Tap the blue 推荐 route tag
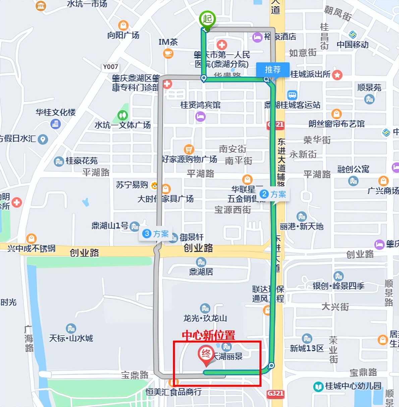[x=273, y=70]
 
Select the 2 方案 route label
[x=274, y=194]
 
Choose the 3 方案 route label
[x=156, y=234]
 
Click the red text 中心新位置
[x=208, y=335]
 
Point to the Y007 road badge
[x=110, y=67]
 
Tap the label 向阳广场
[x=123, y=35]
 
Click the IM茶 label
[x=168, y=42]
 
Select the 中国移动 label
[x=352, y=45]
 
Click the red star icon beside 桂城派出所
[x=337, y=75]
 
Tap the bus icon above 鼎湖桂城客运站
[x=292, y=95]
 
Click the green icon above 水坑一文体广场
[x=123, y=115]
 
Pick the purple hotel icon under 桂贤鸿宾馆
[x=200, y=117]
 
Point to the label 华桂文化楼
[x=56, y=112]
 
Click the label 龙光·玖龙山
[x=205, y=318]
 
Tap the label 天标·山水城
[x=71, y=338]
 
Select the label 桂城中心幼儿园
[x=353, y=386]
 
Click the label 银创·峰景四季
[x=338, y=286]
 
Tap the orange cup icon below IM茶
[x=168, y=53]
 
